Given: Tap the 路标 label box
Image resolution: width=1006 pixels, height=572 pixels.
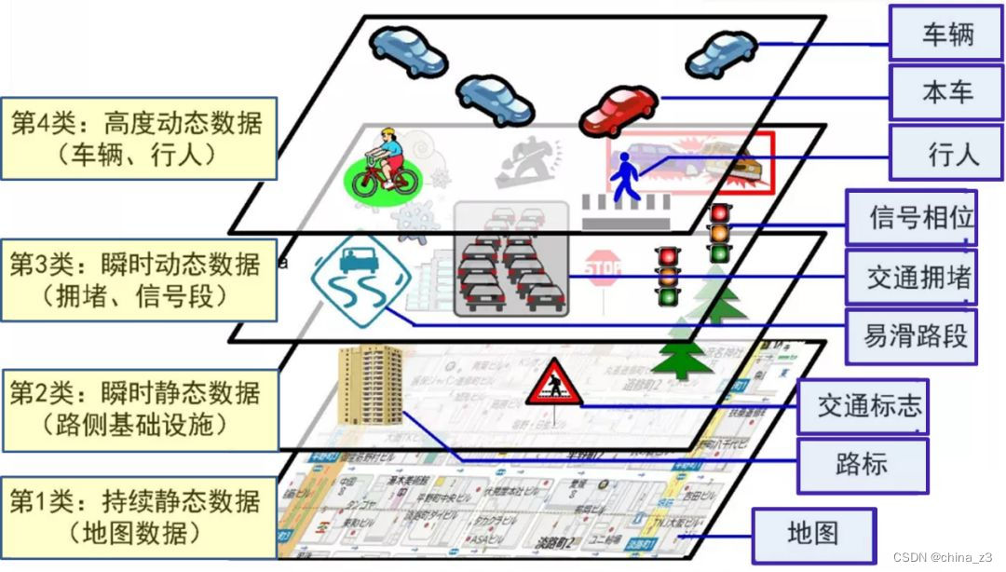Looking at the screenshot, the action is [x=862, y=464].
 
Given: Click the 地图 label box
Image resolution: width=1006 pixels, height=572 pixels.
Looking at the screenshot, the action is [x=813, y=533].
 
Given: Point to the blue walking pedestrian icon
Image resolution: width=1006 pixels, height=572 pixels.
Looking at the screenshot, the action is [x=623, y=178].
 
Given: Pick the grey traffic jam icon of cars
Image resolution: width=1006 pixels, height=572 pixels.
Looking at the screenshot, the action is [x=510, y=258].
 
